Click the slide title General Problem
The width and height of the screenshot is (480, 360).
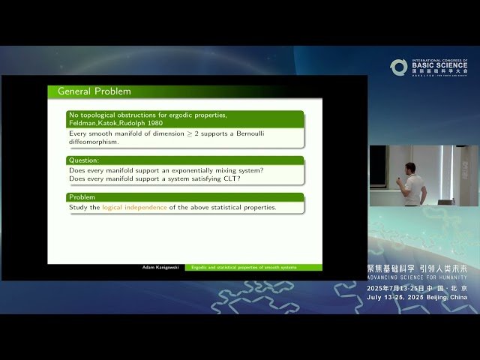(x=94, y=91)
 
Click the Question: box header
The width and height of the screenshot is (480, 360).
(x=84, y=160)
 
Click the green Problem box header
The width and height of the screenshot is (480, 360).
(x=82, y=197)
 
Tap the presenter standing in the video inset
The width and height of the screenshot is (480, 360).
(x=411, y=182)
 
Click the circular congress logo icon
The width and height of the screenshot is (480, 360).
(x=398, y=67)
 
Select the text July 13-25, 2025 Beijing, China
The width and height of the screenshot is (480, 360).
(x=417, y=297)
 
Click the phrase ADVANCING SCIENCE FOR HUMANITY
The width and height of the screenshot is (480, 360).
(x=417, y=276)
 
